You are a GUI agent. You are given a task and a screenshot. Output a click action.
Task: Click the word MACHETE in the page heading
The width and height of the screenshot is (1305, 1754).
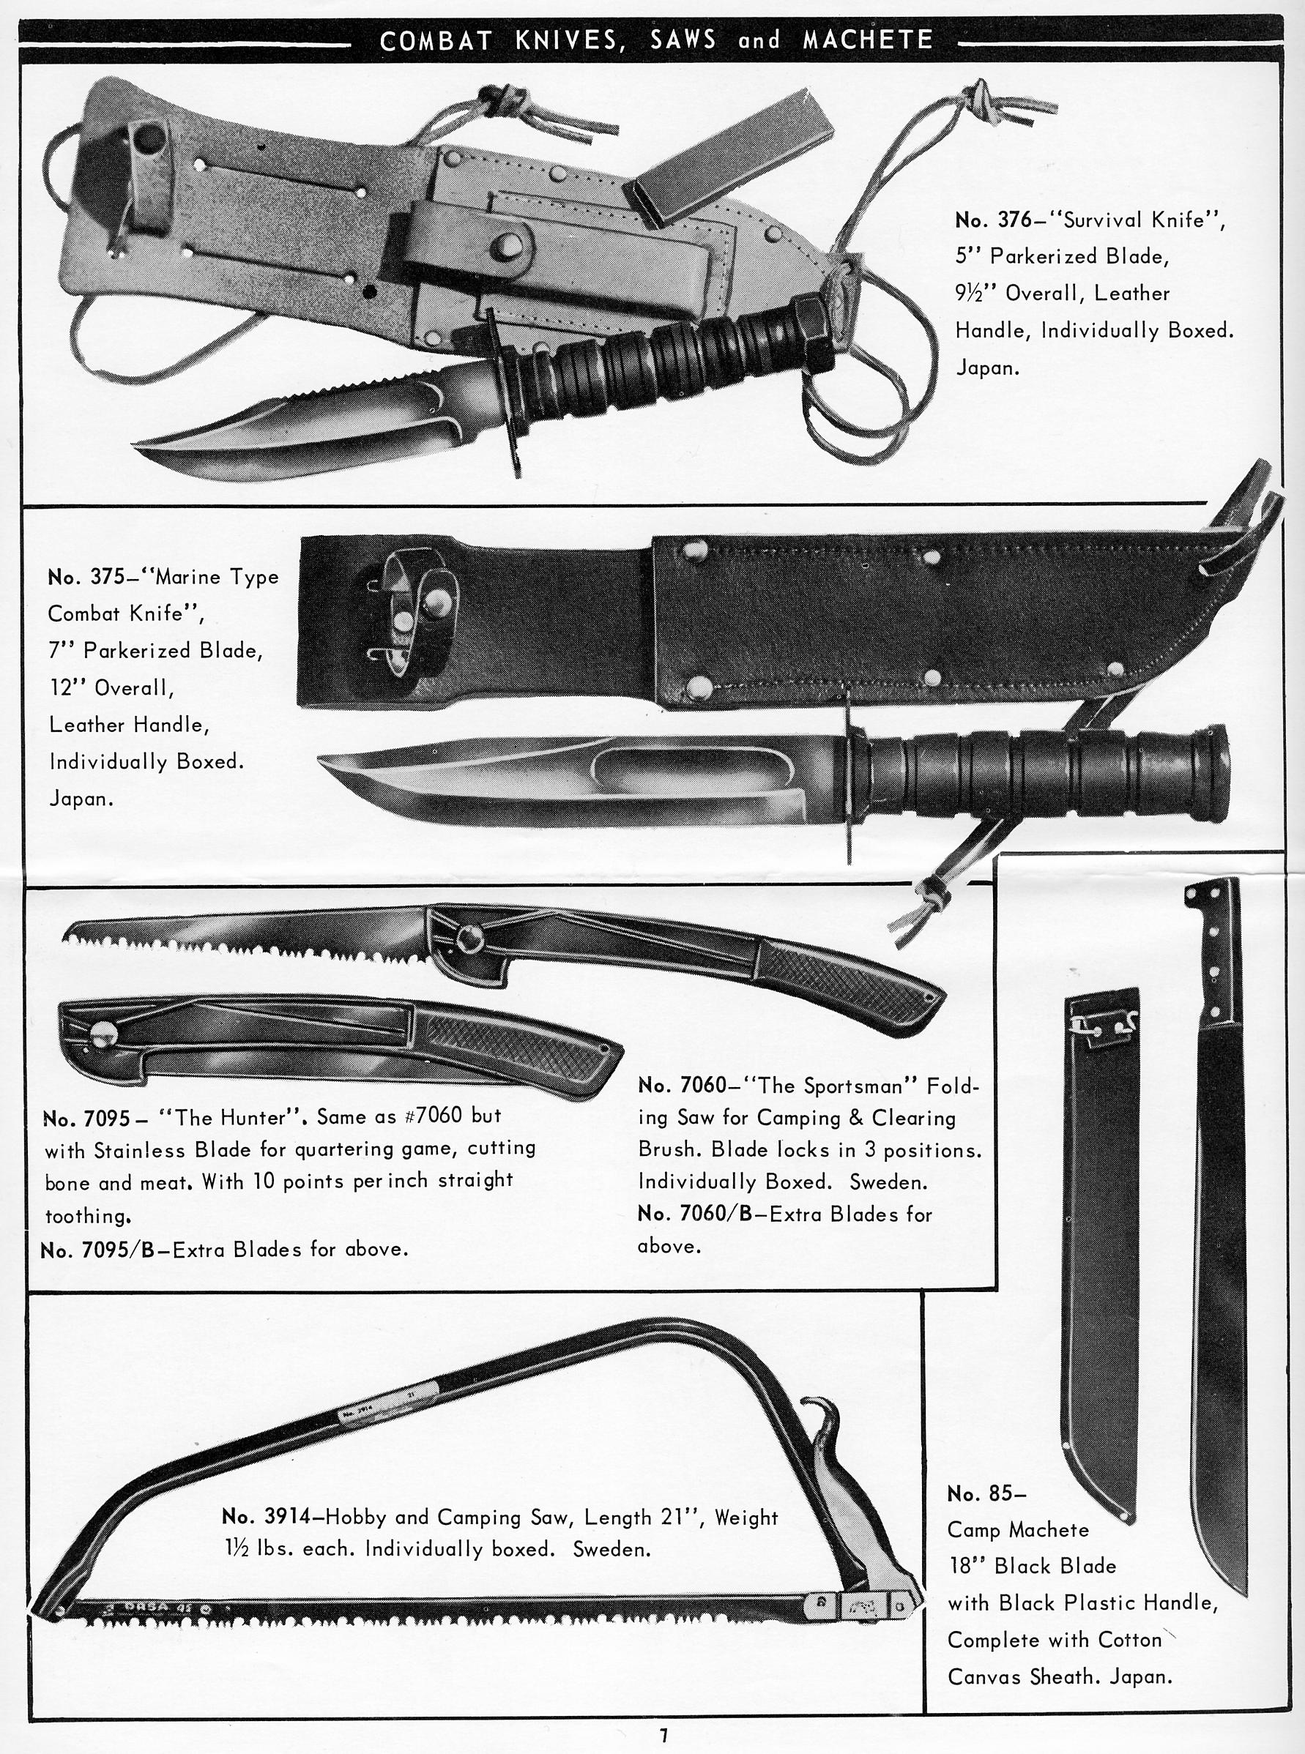click(867, 40)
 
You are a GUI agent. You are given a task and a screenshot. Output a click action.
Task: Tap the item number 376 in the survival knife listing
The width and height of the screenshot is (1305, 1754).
click(1014, 220)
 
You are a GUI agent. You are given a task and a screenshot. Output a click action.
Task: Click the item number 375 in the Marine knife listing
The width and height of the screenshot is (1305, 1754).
click(108, 577)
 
